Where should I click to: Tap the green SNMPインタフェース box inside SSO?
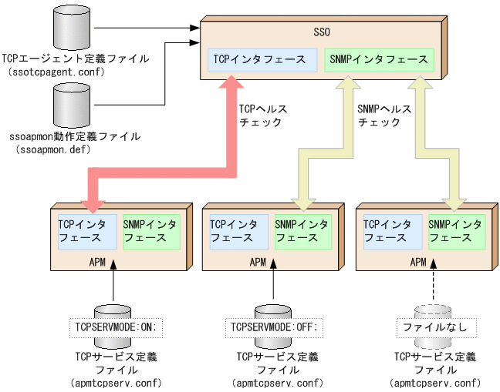click(x=378, y=59)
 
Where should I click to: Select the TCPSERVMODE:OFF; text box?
click(x=274, y=327)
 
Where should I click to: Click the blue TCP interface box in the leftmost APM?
click(x=86, y=231)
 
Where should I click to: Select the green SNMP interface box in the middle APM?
click(x=302, y=231)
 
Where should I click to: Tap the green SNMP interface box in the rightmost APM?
click(x=455, y=231)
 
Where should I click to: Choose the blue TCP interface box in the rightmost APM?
click(x=392, y=231)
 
